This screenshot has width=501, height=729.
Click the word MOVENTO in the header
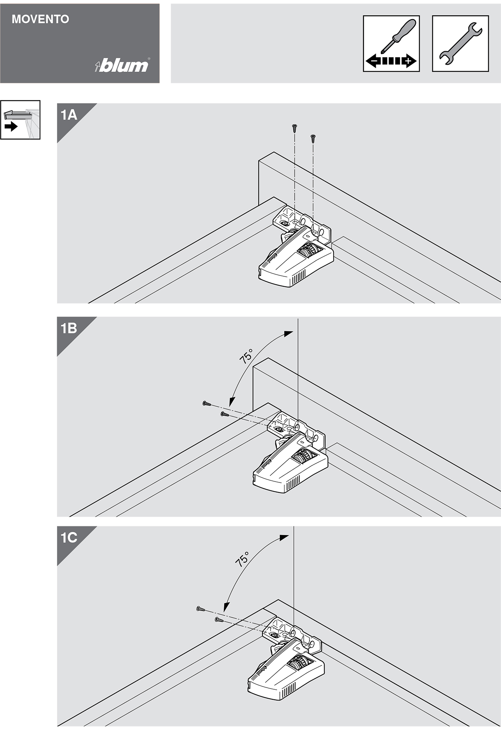click(x=40, y=19)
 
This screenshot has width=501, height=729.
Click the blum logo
click(x=123, y=66)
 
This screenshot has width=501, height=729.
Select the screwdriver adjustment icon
click(x=391, y=44)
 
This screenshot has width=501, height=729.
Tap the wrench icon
click(x=461, y=44)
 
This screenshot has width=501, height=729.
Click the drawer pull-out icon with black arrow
click(x=20, y=120)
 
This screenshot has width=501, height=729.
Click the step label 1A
click(x=69, y=115)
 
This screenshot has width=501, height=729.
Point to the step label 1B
click(x=69, y=329)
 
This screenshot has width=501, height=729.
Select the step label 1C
click(x=69, y=538)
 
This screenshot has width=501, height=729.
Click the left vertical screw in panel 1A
click(x=294, y=128)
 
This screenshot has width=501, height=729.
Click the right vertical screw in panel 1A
click(x=313, y=138)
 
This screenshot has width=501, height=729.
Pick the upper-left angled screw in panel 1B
click(x=206, y=403)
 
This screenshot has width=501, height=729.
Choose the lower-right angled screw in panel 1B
click(x=224, y=414)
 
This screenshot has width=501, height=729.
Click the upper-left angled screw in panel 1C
click(x=200, y=609)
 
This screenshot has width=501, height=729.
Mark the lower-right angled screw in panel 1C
click(x=219, y=620)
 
